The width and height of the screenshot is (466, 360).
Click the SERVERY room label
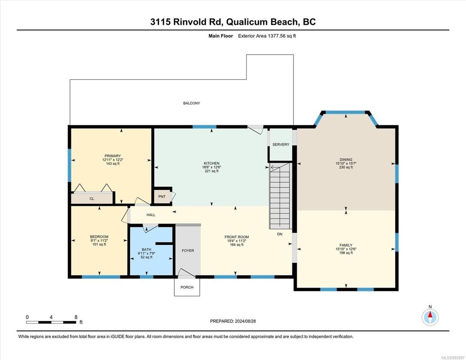click(x=280, y=144)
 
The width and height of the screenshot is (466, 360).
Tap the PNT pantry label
click(x=162, y=197)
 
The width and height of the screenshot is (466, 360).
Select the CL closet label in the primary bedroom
click(x=92, y=198)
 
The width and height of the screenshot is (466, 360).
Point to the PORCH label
click(x=187, y=287)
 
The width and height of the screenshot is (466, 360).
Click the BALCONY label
click(x=192, y=103)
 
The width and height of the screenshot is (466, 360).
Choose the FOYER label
click(x=188, y=251)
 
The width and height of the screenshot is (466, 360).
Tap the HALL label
click(x=151, y=215)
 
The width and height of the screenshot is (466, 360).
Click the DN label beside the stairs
click(x=280, y=234)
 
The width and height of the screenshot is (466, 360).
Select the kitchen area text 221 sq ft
click(x=212, y=171)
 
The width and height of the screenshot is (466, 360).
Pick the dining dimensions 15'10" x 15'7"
click(x=346, y=163)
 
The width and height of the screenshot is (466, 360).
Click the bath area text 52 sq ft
click(x=147, y=257)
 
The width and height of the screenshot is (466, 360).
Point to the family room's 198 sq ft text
click(x=346, y=253)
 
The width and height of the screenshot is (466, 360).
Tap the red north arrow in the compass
click(x=430, y=315)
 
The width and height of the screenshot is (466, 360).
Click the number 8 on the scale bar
click(x=76, y=317)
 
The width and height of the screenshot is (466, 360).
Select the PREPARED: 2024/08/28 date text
click(x=233, y=321)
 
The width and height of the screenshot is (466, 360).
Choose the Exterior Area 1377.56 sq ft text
click(x=267, y=36)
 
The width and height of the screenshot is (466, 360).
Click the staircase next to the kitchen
click(x=280, y=196)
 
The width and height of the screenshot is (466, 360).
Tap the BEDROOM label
click(x=99, y=237)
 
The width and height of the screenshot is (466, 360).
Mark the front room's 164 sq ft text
click(x=237, y=245)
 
